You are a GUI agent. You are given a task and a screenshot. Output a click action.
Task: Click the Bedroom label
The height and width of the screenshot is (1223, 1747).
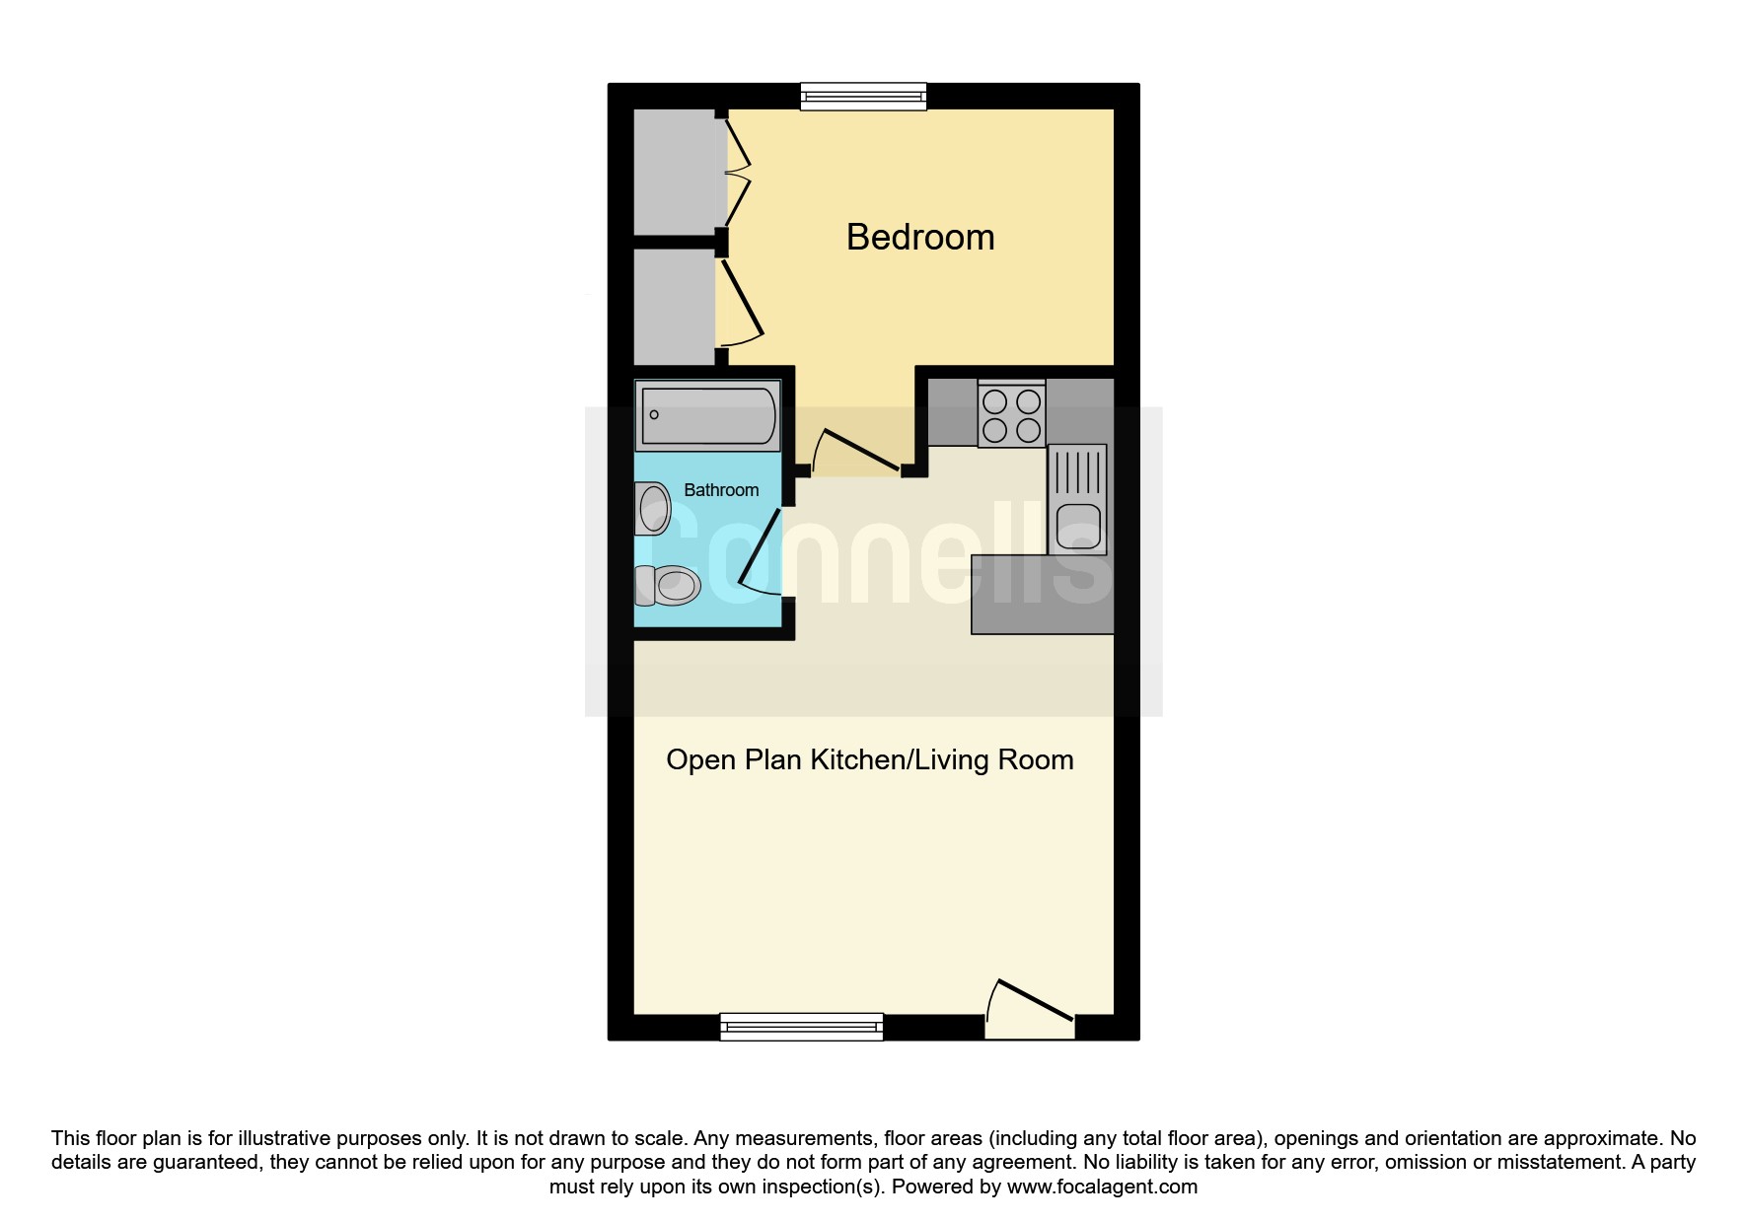click(920, 238)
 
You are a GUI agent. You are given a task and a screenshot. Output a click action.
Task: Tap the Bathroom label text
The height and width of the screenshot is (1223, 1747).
click(721, 490)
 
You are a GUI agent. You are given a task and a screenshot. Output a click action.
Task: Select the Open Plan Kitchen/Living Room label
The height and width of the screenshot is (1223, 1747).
click(870, 759)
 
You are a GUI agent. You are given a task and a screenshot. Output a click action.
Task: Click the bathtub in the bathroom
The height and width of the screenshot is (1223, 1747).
click(707, 415)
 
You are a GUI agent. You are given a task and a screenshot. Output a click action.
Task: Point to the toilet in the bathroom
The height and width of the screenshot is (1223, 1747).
click(667, 585)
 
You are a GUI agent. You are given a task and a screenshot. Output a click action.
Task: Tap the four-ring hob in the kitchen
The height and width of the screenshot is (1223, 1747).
click(1012, 415)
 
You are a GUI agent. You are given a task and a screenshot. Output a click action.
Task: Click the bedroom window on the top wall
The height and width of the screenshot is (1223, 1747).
click(863, 96)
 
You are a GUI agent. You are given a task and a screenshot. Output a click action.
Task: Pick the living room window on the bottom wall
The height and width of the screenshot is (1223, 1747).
click(801, 1027)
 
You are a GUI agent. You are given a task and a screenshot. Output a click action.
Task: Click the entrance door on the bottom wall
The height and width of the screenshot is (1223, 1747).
click(1030, 1011)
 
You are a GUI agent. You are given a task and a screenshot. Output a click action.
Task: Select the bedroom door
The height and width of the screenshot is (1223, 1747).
click(854, 452)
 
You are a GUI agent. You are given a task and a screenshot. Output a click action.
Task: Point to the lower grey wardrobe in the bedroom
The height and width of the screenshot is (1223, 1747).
click(675, 306)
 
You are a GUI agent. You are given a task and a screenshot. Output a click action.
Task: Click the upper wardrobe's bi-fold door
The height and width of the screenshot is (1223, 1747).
click(738, 173)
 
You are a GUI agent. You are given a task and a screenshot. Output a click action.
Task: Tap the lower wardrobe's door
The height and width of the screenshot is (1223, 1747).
click(742, 301)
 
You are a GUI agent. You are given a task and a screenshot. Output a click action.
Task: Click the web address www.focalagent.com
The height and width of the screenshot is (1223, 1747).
click(1102, 1187)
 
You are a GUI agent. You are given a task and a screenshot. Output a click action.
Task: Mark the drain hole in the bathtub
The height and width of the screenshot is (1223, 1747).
click(654, 415)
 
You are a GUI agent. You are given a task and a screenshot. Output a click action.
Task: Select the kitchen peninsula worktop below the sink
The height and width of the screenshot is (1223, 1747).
click(1043, 594)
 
